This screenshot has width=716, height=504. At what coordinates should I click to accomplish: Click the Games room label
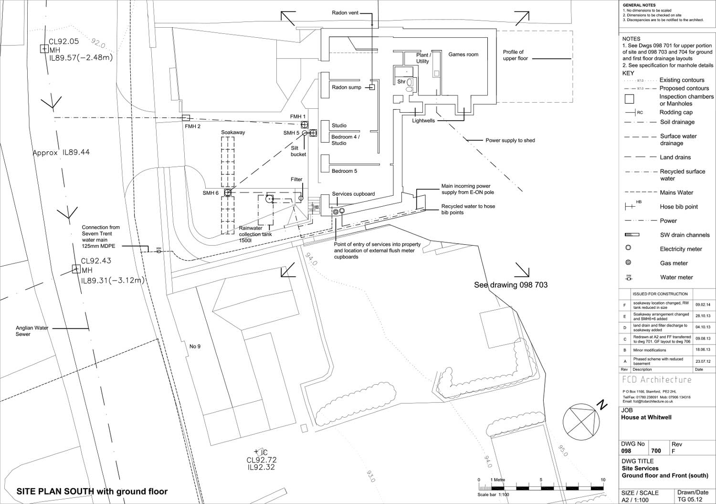[463, 54]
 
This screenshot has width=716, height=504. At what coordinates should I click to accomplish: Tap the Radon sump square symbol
[372, 87]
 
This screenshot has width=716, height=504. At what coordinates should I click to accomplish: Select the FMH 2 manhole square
[187, 118]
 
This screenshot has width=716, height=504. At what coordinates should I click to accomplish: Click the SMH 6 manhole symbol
[228, 193]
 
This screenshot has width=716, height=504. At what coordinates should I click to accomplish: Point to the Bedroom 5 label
[344, 171]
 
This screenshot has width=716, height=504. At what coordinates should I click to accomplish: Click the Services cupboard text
[353, 194]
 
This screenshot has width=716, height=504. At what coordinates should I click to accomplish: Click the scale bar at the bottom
[541, 487]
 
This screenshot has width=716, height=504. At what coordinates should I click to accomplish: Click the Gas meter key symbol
[628, 262]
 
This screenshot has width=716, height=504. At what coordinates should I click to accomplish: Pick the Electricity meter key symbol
[628, 248]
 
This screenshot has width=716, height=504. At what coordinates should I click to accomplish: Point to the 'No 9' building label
[195, 346]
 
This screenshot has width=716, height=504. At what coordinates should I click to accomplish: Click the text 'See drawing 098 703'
[510, 285]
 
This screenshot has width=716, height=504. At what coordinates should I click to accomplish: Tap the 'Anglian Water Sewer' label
[32, 331]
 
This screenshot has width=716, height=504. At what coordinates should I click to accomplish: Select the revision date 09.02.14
[703, 304]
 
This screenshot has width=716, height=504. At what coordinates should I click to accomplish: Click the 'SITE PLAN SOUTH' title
[92, 491]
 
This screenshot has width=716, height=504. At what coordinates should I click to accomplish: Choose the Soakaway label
[233, 132]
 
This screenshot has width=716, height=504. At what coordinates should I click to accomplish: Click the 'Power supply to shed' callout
[510, 140]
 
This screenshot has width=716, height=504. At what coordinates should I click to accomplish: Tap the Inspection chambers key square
[629, 99]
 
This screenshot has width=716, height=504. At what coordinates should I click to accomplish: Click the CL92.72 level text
[261, 460]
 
